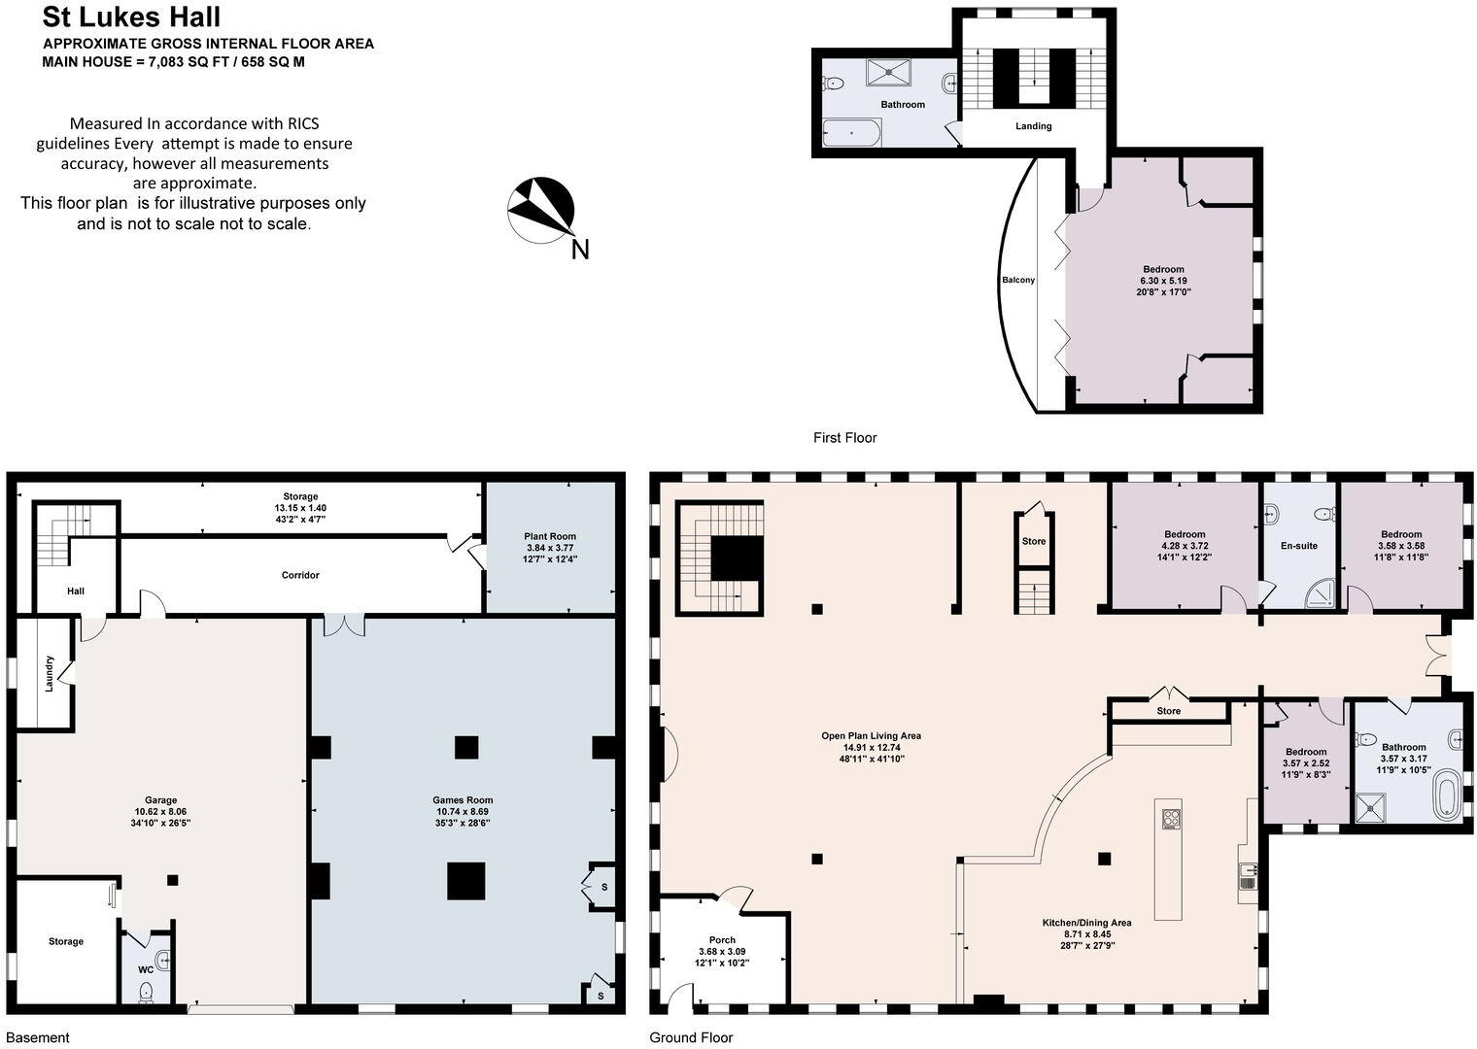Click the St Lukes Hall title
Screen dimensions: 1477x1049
(131, 17)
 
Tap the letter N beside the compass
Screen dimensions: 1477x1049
(580, 250)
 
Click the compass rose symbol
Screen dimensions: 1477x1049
(540, 209)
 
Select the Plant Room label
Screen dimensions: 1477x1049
(550, 536)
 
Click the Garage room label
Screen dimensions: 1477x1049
(160, 800)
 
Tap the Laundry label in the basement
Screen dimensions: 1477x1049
(50, 673)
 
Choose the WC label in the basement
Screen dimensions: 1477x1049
(145, 969)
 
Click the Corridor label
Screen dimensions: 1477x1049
(300, 575)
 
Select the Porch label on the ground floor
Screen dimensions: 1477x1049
(722, 940)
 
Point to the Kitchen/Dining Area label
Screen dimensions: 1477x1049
(1086, 923)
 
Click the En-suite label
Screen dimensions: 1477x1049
(1298, 546)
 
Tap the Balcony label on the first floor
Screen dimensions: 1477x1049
(1018, 280)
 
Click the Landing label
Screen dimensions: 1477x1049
(1033, 126)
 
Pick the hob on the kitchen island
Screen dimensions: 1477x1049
(1169, 819)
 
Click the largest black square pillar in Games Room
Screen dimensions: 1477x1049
(465, 881)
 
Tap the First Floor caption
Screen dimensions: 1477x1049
(844, 438)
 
